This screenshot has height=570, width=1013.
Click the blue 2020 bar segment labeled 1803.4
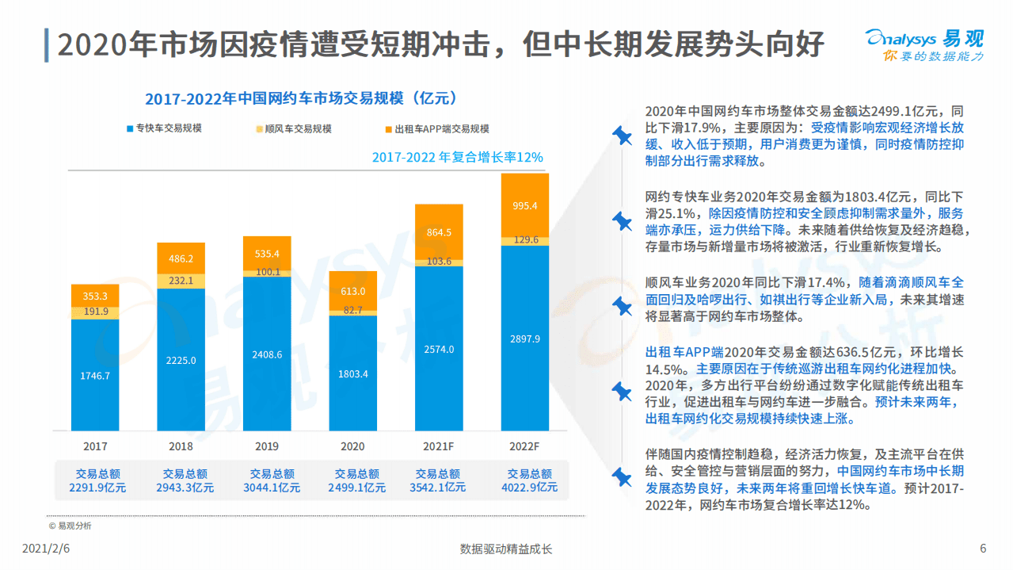[353, 373]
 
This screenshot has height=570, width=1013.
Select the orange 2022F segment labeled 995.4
[524, 205]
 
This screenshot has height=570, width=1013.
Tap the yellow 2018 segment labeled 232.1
[181, 281]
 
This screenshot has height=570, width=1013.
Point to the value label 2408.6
[267, 354]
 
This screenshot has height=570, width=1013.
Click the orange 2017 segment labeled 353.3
[95, 296]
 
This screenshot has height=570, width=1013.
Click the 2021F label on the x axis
[439, 446]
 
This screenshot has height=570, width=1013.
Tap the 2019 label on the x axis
[267, 446]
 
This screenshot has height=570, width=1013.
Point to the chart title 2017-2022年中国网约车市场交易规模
[301, 98]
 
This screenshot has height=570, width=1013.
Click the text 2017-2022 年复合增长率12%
[457, 157]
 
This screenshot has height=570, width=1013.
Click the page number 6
[983, 549]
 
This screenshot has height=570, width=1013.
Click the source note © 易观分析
[70, 525]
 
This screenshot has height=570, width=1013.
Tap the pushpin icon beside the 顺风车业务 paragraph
[623, 305]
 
